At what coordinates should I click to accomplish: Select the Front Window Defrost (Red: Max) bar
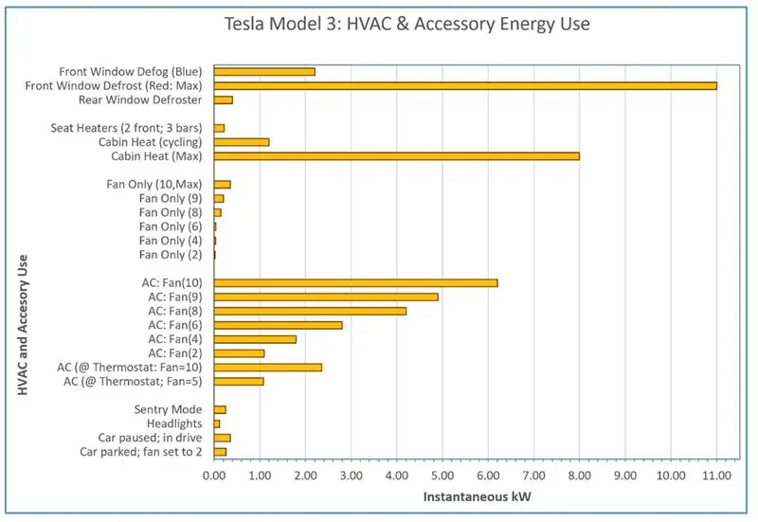tap(465, 85)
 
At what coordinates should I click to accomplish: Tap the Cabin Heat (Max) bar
tap(397, 155)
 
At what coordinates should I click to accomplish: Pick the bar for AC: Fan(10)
tap(356, 282)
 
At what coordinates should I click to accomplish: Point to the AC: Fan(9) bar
tap(327, 297)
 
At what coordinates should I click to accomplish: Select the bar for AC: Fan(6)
tap(279, 325)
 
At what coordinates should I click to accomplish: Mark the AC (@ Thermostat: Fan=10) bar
tap(268, 367)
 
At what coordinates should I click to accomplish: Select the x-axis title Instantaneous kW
tap(464, 495)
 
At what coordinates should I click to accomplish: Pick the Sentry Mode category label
tap(171, 409)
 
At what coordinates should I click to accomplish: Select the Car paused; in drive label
tap(153, 438)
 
